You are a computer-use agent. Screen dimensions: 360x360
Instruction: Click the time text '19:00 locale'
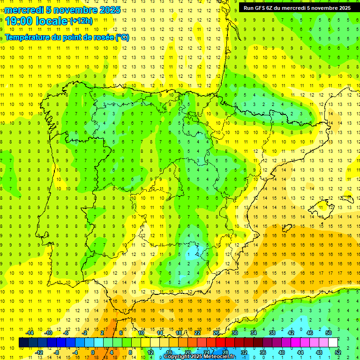(36, 21)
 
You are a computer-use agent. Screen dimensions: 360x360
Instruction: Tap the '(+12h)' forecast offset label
(81, 21)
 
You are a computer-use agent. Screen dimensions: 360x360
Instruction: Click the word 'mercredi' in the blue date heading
(23, 9)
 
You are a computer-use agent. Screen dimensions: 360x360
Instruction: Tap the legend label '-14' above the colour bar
(30, 332)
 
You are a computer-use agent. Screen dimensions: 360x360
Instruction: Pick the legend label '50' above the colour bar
(329, 332)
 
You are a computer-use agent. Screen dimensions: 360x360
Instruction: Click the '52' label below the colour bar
(338, 352)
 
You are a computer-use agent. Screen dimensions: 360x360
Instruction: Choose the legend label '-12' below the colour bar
(39, 352)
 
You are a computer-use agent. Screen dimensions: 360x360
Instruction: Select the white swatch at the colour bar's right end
(333, 342)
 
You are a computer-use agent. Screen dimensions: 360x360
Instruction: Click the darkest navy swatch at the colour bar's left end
(23, 342)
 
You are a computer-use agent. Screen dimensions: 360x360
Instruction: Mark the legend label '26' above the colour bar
(216, 332)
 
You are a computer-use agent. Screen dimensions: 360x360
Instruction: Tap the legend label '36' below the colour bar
(263, 352)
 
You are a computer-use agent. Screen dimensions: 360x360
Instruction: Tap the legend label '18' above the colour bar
(179, 332)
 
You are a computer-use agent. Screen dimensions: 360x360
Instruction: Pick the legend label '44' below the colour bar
(300, 352)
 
